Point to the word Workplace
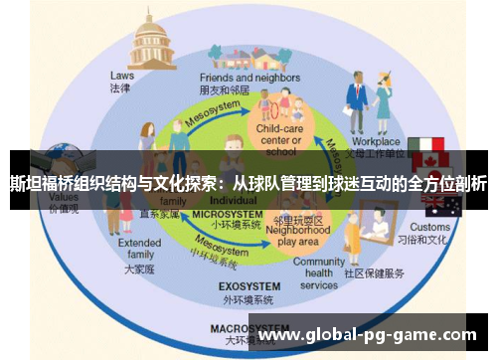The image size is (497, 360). (376, 141)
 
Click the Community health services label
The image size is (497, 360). (319, 273)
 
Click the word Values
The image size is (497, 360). (64, 197)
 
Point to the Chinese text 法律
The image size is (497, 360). (121, 88)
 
